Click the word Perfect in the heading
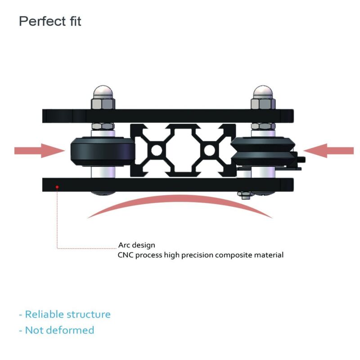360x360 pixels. click(x=42, y=21)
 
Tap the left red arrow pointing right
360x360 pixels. click(x=40, y=151)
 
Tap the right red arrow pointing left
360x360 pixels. click(x=328, y=151)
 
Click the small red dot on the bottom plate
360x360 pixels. click(x=57, y=187)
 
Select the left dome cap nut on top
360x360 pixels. click(x=103, y=97)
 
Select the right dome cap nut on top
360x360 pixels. click(x=263, y=97)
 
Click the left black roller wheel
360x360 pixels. click(x=103, y=151)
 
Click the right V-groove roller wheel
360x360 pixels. click(x=263, y=151)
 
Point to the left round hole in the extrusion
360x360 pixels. click(x=157, y=151)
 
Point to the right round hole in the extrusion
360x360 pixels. click(x=209, y=151)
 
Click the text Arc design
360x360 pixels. click(x=137, y=245)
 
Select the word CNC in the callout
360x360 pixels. click(x=126, y=255)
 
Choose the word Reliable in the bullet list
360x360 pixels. click(x=45, y=314)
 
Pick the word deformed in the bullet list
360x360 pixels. click(x=72, y=330)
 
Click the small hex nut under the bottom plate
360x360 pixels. click(x=246, y=195)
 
